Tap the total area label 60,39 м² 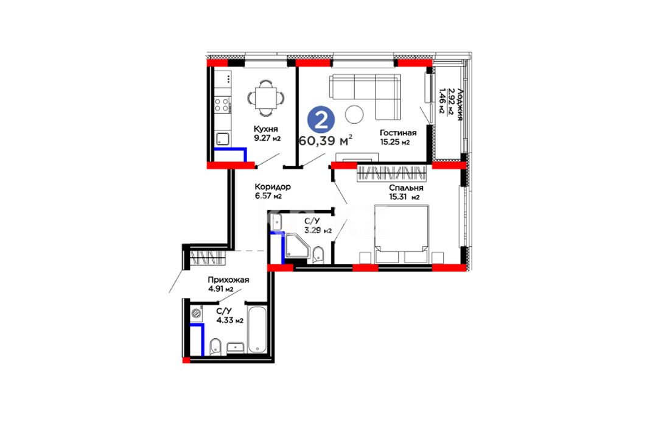coord(325,140)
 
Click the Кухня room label coord(266,129)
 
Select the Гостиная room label coord(398,133)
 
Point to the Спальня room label coord(406,188)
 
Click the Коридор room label coord(273,186)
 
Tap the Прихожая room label coord(228,280)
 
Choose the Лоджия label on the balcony coord(460,105)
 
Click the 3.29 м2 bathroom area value coord(318,230)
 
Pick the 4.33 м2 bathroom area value coord(230,320)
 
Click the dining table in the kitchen coord(266,98)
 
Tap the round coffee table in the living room coord(354,115)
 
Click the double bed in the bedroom coord(402,234)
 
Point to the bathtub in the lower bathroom coord(257,329)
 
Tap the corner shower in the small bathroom coord(297,246)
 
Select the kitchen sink coord(222,139)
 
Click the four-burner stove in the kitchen coord(222,104)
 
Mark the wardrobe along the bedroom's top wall coord(391,173)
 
